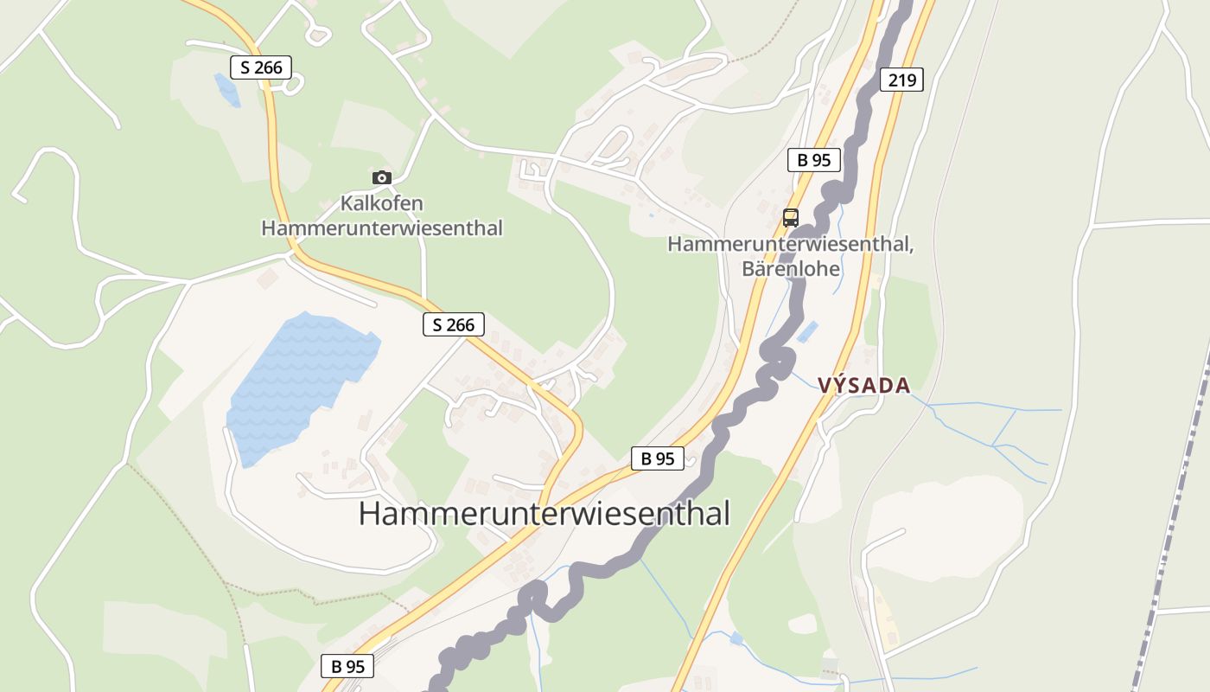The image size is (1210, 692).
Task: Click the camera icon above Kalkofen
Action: click(381, 177)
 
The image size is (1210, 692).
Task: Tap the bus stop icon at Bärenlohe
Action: click(790, 217)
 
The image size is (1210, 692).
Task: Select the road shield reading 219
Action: click(902, 80)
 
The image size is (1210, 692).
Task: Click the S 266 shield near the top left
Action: click(261, 67)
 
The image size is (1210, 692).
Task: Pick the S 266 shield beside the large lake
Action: click(454, 324)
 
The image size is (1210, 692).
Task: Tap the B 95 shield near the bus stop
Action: click(814, 159)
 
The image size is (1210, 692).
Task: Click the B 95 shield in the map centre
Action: click(658, 458)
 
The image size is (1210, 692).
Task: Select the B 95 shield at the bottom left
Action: click(347, 666)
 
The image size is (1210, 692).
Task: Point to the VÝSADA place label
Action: click(864, 386)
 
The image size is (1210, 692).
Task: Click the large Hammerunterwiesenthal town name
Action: click(544, 514)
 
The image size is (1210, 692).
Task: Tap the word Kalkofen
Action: click(381, 204)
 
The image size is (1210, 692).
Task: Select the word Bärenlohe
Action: click(790, 269)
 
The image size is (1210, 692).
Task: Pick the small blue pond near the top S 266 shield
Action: click(226, 89)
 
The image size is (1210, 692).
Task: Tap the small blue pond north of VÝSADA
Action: click(807, 331)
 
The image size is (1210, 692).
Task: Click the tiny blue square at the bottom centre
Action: click(736, 638)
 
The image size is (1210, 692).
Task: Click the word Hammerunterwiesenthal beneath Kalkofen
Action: click(381, 228)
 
